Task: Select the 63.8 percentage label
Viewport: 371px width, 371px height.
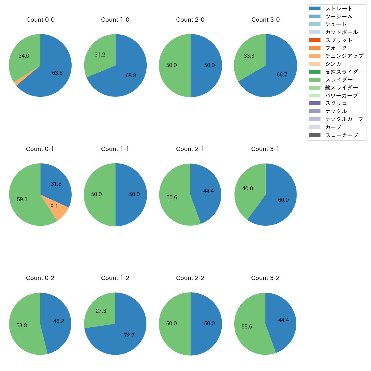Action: (x=57, y=73)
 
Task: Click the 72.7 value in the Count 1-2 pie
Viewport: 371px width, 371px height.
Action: (x=129, y=336)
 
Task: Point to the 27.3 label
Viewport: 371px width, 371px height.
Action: (x=101, y=311)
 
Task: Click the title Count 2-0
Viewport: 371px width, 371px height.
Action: (x=190, y=20)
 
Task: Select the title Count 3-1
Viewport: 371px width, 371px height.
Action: (x=265, y=149)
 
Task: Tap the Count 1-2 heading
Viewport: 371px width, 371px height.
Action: (x=115, y=278)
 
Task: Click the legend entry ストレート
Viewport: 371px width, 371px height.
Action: (x=339, y=9)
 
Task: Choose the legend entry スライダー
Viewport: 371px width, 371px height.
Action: (x=339, y=80)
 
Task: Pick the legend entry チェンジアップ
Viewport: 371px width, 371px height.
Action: (x=344, y=56)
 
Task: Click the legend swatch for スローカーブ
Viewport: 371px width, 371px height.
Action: (x=315, y=135)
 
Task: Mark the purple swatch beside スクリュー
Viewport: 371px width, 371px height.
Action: (x=315, y=103)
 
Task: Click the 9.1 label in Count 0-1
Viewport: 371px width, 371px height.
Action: (x=54, y=206)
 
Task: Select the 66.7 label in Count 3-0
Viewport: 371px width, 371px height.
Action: (x=282, y=75)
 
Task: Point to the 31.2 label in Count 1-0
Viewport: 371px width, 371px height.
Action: (x=100, y=55)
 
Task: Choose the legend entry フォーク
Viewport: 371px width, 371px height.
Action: (x=336, y=48)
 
